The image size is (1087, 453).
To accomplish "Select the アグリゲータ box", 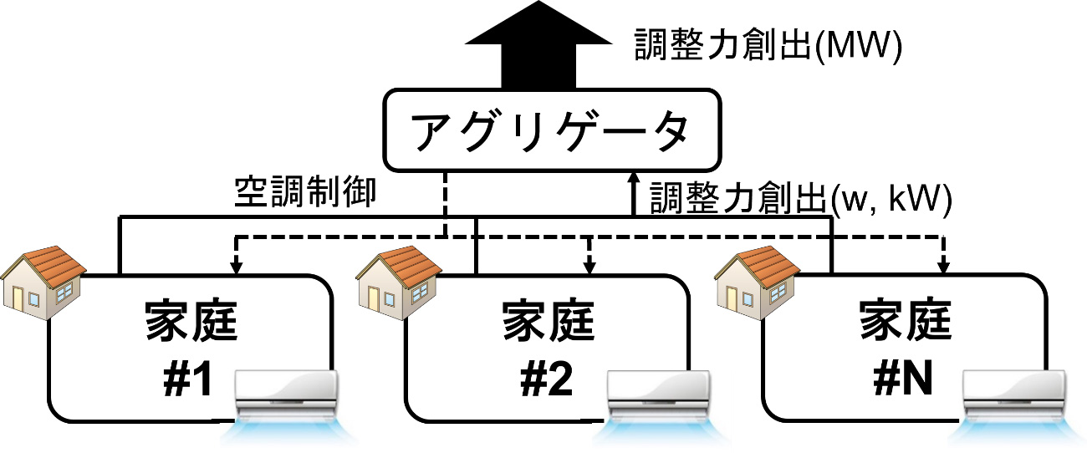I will (x=552, y=130).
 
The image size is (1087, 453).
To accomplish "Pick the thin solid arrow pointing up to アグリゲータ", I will (x=633, y=194).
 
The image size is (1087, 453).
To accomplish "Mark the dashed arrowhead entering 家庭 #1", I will (x=236, y=267).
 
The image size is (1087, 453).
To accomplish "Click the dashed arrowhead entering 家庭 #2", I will (x=590, y=267).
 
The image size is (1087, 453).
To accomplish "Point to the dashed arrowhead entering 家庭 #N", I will (x=945, y=267).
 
